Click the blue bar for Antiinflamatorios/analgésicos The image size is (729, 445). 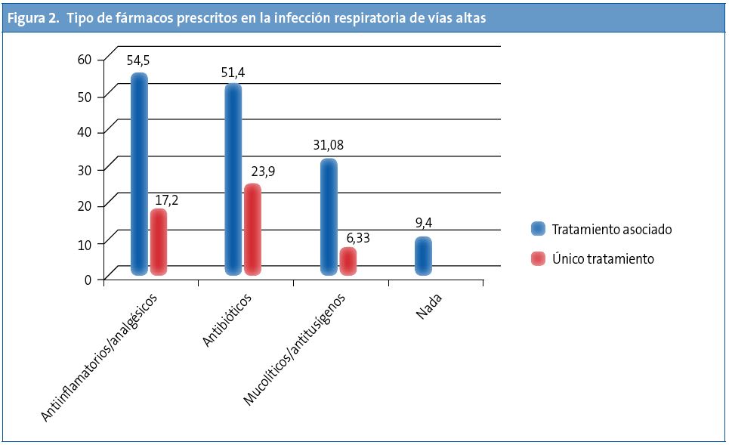[x=139, y=174]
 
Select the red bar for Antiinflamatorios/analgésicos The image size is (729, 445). [x=158, y=242]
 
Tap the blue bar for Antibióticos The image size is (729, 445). [x=233, y=179]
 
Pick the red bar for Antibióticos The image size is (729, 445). [x=252, y=230]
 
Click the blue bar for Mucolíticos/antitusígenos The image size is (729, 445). [x=329, y=217]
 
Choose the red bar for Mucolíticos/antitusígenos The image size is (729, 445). [x=348, y=261]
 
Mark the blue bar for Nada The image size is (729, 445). [x=423, y=255]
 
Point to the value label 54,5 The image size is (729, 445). [x=139, y=60]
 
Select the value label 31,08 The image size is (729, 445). [x=329, y=145]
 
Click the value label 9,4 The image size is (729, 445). [x=425, y=224]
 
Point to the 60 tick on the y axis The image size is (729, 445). [x=84, y=59]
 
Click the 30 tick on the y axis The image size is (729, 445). [x=84, y=169]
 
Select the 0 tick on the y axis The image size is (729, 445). [x=88, y=280]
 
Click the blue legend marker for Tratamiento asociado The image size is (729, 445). [x=538, y=229]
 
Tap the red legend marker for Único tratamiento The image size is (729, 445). [x=538, y=258]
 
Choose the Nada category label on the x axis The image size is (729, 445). [x=428, y=308]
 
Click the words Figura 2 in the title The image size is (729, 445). [x=32, y=18]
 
